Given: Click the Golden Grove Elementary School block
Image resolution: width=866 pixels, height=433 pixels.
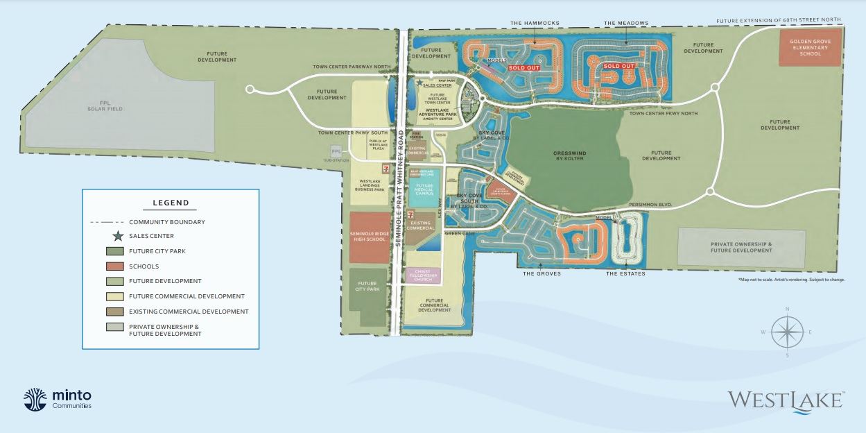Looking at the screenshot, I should coord(809,47).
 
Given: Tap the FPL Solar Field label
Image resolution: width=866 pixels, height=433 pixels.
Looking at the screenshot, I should coord(104,105).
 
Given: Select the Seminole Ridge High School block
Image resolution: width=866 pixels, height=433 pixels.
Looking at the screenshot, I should coord(369,237).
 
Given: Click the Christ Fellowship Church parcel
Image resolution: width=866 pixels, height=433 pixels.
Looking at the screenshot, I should coord(422,275).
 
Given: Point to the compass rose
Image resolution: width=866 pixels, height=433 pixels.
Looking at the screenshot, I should coord(786,332).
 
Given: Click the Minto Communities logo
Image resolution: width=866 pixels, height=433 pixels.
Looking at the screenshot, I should coord(58,398).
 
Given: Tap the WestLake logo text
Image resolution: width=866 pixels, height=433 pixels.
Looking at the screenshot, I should coord(786,401).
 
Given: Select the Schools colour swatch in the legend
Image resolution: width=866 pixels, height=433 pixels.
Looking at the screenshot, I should coord(114,266).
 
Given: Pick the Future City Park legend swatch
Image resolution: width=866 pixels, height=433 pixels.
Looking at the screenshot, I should coord(114,251).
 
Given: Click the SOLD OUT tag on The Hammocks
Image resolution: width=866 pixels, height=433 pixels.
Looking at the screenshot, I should coord(523,68).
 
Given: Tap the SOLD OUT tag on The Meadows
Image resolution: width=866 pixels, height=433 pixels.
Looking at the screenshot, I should coord(618,66).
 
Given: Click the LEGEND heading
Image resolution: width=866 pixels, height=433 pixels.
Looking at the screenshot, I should coord(171,203).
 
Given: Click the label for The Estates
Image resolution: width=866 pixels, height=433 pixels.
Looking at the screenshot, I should coord(625,273).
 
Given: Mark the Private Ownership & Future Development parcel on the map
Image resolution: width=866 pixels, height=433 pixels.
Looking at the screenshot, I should coord(741,247).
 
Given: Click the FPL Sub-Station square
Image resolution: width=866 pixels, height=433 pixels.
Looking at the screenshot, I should coord(336,151).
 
